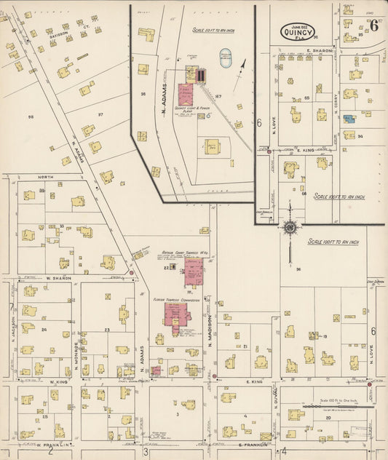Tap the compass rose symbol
(x=290, y=228)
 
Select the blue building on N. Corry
(x=349, y=118)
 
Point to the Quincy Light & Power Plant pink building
(x=186, y=94)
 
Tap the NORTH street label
(x=46, y=177)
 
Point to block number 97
(x=100, y=114)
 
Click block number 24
(x=44, y=330)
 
